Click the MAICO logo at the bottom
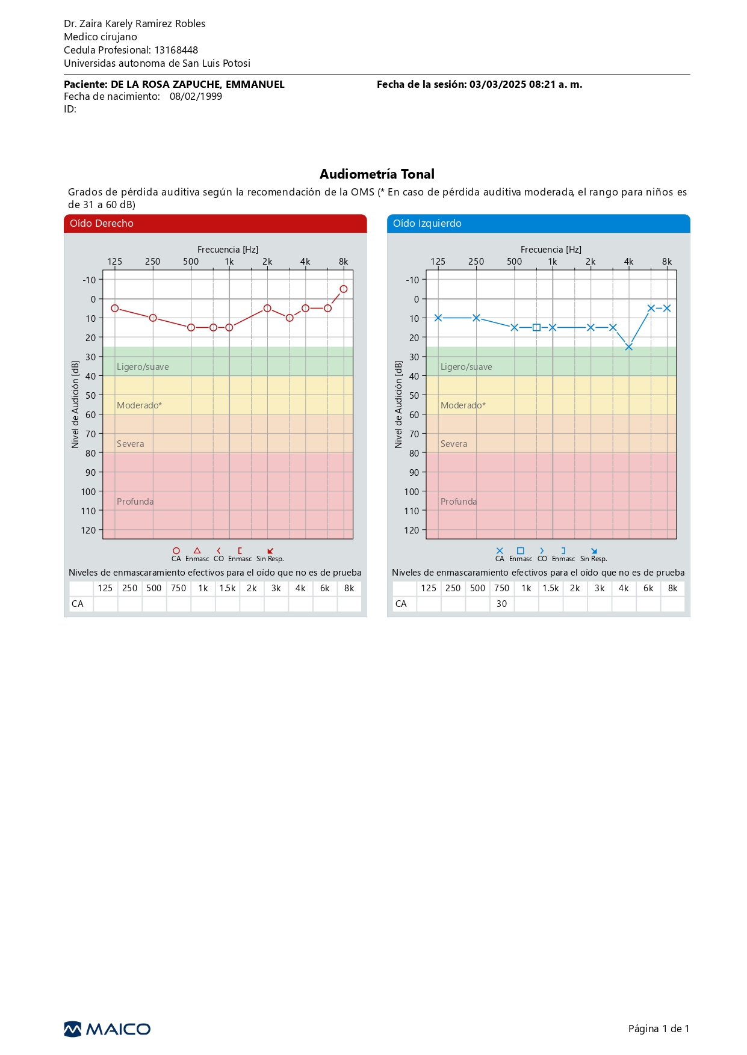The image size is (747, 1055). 107,1029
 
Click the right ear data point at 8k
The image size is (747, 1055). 344,289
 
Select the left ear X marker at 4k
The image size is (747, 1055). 629,347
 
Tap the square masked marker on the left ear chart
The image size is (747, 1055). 536,328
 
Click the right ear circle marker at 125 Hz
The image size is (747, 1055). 115,309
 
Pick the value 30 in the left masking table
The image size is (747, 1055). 502,604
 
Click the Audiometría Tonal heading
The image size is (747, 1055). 377,174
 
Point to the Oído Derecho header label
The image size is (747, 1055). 102,223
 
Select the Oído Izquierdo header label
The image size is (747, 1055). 427,223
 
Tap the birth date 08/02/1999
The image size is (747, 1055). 196,96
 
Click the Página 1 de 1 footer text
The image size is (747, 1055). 659,1029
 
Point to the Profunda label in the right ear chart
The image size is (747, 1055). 135,502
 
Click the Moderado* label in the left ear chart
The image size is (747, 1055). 463,405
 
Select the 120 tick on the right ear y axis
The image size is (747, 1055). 88,530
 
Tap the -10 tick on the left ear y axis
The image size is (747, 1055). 412,280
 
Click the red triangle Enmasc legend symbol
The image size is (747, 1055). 197,550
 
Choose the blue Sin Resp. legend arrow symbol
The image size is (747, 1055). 594,551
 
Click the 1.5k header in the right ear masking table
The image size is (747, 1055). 228,588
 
